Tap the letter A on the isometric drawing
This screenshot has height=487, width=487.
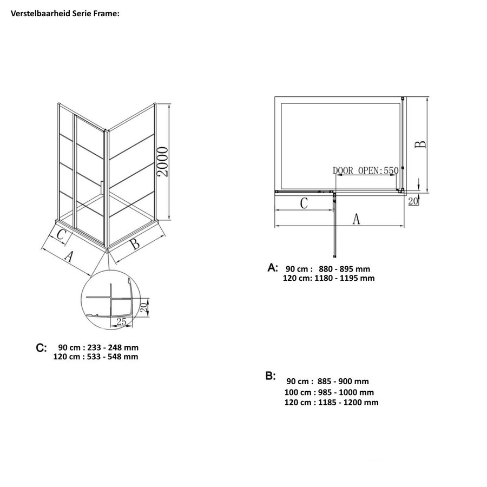pos(69,256)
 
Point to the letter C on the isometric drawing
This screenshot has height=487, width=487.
pos(61,235)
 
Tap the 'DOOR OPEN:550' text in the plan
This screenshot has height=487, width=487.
pos(365,170)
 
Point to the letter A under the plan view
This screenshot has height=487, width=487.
pos(356,219)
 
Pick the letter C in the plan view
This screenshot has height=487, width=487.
pos(304,203)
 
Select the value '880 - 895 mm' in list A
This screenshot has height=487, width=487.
pos(345,268)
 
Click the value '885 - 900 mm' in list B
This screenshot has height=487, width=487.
pos(346,381)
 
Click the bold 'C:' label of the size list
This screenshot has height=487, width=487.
pos(41,347)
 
